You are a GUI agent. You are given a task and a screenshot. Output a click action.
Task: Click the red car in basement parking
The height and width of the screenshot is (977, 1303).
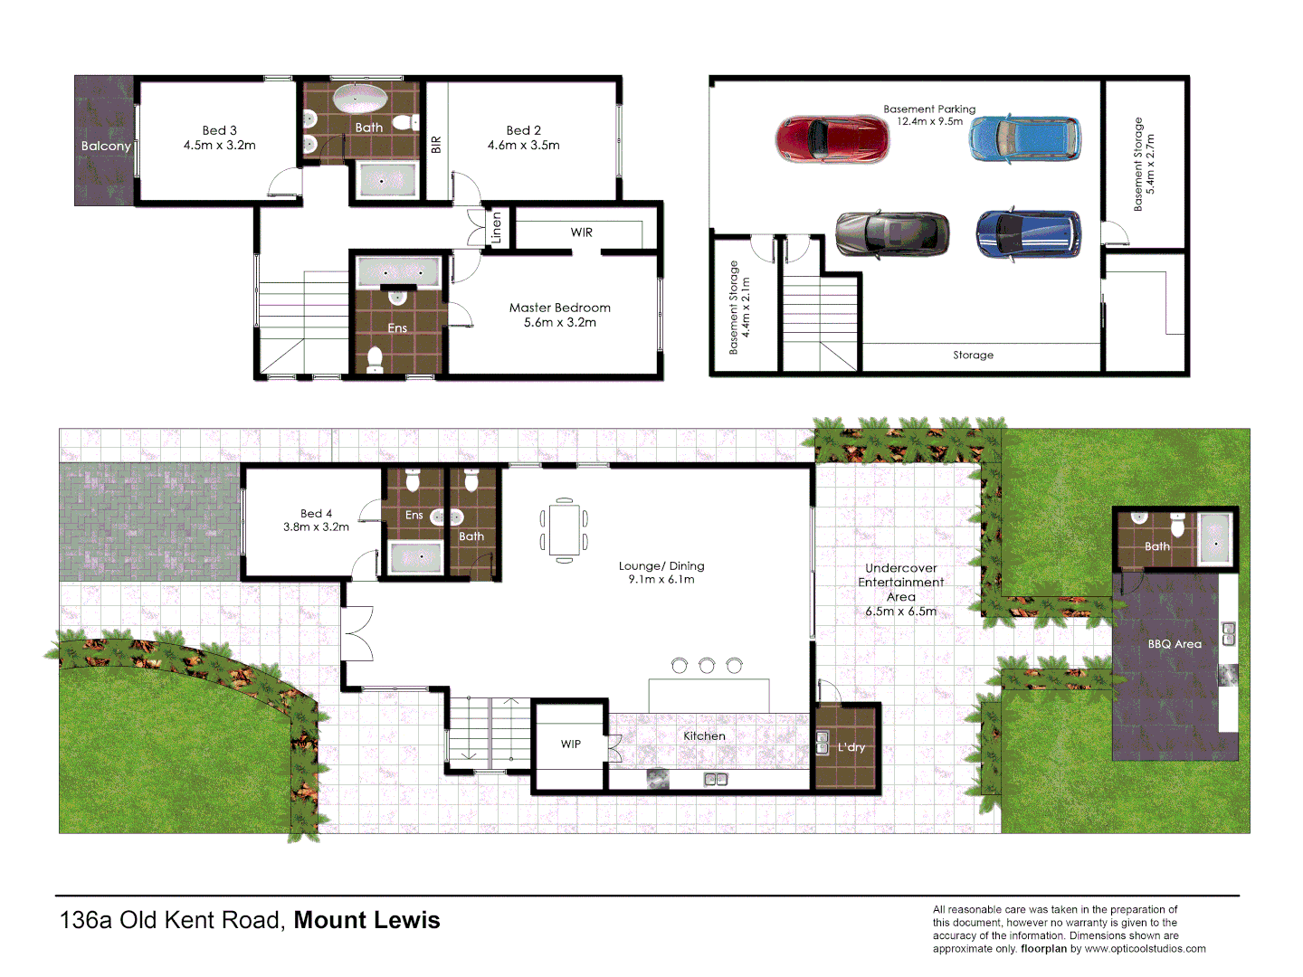point(832,138)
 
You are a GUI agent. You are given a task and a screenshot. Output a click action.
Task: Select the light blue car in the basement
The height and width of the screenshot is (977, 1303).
point(1024,138)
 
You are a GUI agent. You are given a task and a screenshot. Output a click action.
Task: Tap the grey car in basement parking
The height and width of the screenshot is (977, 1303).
point(892,234)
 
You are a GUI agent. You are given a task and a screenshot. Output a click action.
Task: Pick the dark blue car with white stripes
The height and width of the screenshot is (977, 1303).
point(1029,234)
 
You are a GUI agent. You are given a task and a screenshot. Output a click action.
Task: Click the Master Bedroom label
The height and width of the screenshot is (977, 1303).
point(559,308)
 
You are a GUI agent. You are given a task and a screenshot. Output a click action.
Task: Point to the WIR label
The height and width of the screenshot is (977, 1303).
point(581,232)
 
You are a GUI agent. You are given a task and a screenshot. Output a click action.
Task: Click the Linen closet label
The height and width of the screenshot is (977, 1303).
point(496,228)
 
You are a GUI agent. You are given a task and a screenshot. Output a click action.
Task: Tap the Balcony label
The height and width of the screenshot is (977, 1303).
point(106,146)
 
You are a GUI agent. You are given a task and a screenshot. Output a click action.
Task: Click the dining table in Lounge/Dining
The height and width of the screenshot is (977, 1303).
point(564,530)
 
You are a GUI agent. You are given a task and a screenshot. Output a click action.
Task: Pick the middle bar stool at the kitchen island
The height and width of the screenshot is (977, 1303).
point(707,666)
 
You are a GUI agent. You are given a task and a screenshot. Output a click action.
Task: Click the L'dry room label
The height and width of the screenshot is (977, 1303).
point(851,747)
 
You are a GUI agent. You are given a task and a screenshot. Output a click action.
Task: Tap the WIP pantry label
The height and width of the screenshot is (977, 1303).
point(570,745)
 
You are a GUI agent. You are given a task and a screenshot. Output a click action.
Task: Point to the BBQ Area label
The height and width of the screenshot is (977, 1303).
point(1175,644)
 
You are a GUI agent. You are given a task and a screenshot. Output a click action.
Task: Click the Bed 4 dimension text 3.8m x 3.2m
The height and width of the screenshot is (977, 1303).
point(316,526)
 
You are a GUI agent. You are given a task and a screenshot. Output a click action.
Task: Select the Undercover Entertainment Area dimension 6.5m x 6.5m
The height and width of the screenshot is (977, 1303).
point(900,612)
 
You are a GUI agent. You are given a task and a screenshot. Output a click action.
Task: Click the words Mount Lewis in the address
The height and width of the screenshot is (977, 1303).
point(366,920)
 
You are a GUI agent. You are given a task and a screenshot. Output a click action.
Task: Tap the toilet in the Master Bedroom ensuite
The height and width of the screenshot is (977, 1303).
point(375,360)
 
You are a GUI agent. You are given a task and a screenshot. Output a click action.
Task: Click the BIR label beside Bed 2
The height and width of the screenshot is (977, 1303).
point(436,144)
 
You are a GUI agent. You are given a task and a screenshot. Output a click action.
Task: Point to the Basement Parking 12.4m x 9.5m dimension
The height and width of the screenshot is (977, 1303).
point(929,121)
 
